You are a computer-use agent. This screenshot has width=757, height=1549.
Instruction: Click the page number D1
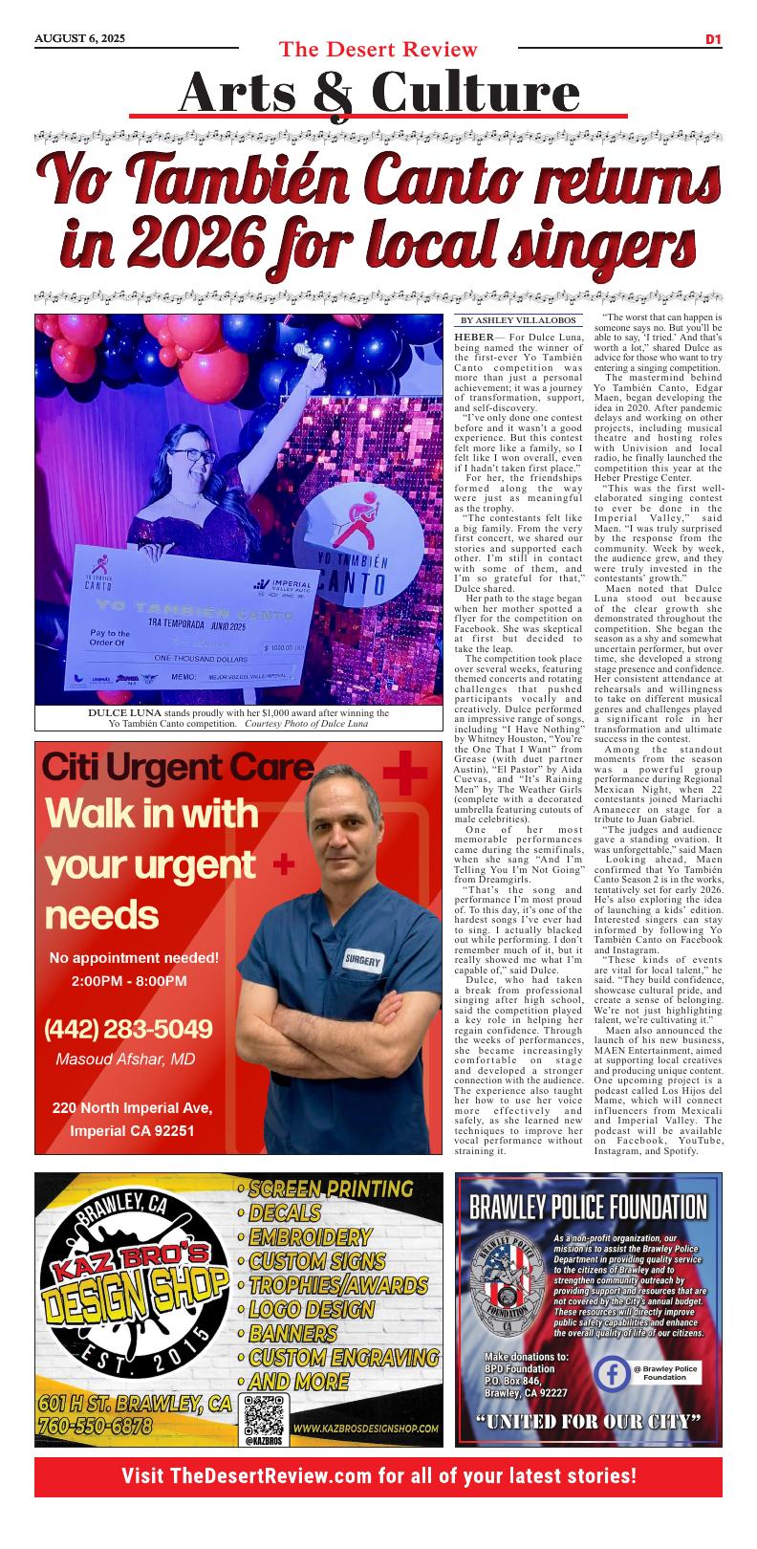coord(712,39)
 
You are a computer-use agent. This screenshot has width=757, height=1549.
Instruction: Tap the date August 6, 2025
coord(80,38)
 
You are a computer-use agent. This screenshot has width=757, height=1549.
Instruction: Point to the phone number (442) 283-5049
coord(128,1029)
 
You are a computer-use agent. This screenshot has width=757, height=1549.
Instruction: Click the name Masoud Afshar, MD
coord(125,1058)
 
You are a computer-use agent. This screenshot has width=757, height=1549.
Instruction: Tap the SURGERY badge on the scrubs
coord(363,961)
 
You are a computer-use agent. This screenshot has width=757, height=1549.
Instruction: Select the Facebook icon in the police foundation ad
coord(612,1374)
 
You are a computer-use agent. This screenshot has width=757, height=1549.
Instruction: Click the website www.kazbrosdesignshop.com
coord(366,1429)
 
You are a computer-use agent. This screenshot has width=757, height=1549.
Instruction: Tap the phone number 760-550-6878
coord(96,1426)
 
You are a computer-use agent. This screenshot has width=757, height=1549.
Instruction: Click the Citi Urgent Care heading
coord(178,768)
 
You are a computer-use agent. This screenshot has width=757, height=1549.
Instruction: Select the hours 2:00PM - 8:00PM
coord(129,981)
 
